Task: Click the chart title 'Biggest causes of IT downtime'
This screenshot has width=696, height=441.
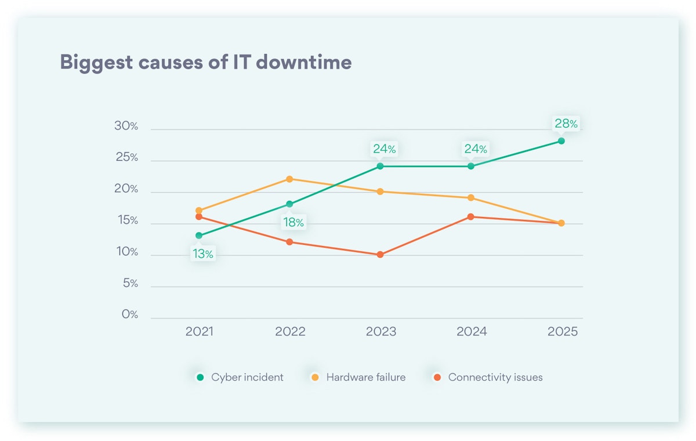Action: [x=205, y=62]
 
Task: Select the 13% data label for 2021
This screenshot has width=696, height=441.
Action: [x=203, y=254]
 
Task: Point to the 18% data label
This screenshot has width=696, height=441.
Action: [x=293, y=222]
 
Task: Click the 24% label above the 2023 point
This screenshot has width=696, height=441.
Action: [x=384, y=149]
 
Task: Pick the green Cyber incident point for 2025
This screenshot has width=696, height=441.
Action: [x=561, y=141]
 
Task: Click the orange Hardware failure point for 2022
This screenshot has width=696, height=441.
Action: [x=289, y=179]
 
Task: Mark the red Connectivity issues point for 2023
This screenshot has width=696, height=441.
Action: [x=380, y=254]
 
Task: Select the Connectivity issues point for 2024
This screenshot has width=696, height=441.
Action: [x=470, y=216]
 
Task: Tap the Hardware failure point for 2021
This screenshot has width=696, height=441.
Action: [x=199, y=211]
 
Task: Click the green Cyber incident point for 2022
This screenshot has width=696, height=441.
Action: [x=289, y=204]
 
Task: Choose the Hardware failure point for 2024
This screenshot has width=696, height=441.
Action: [x=470, y=198]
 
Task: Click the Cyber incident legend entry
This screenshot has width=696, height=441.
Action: [x=240, y=377]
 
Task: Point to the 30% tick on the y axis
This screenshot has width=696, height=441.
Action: [x=126, y=126]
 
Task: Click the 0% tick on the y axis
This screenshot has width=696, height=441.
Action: [x=130, y=315]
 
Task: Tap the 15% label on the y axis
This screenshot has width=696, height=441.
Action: [x=126, y=220]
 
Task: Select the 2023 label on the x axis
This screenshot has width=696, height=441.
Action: [x=380, y=331]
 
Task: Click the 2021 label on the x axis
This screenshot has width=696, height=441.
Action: [x=200, y=331]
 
